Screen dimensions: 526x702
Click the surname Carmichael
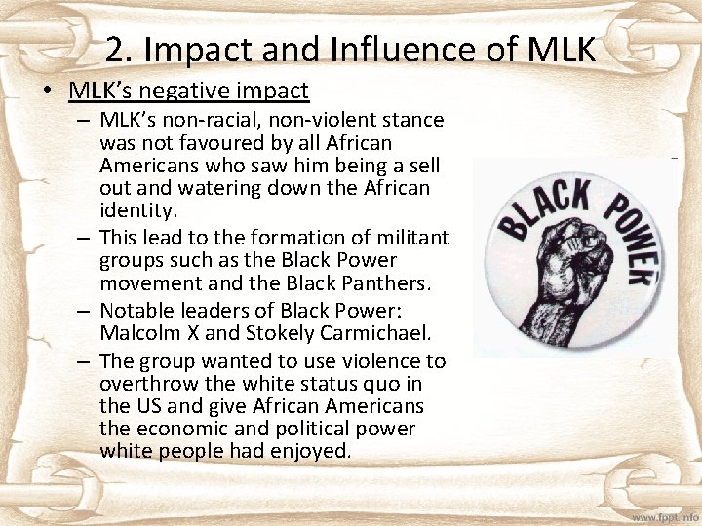tap(369, 332)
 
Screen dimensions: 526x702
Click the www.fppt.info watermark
tap(665, 516)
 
